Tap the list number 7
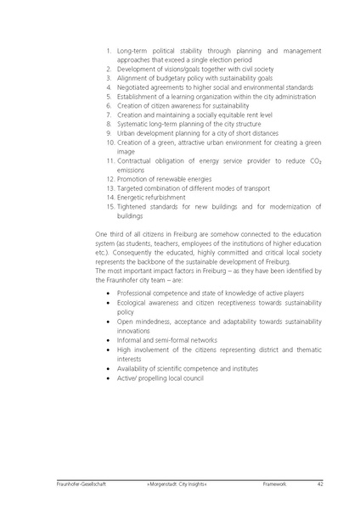(110, 115)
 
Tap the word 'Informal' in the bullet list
(129, 340)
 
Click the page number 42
(321, 484)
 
